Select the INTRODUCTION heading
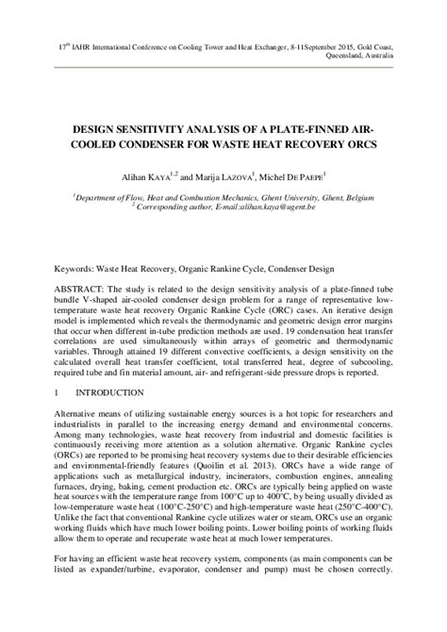(109, 391)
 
